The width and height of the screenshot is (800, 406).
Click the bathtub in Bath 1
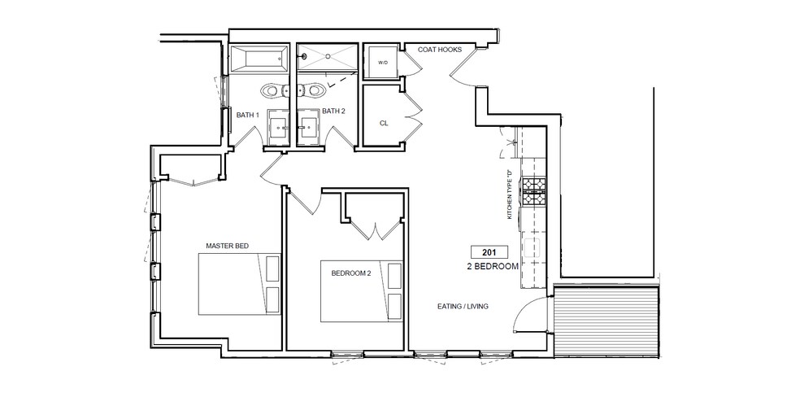tap(257, 59)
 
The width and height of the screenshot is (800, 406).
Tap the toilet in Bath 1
tap(272, 90)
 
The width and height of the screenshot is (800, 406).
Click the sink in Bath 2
tap(308, 126)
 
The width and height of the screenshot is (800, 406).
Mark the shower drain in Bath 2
tap(304, 58)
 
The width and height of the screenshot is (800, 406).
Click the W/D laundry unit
tap(382, 61)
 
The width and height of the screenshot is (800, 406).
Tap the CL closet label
tap(384, 124)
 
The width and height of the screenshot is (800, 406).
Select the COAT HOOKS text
tap(439, 50)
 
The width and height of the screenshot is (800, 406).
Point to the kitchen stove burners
tap(533, 192)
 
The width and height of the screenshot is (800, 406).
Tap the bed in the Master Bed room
tap(240, 282)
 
